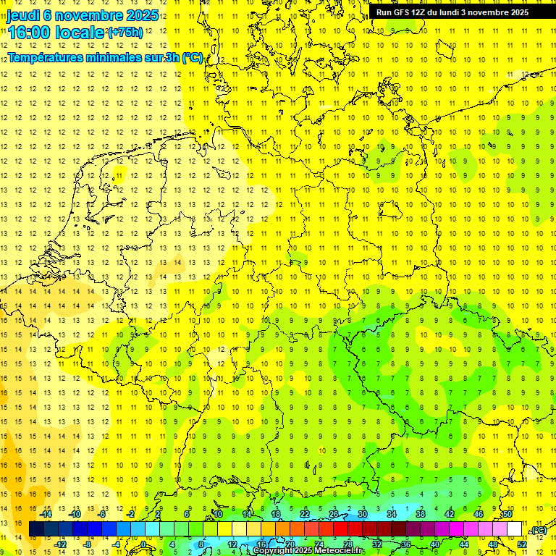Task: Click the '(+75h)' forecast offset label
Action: [x=125, y=33]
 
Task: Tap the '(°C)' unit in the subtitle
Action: [x=193, y=58]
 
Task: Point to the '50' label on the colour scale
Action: [x=507, y=514]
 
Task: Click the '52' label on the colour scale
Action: [x=522, y=544]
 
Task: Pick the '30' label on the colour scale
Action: [x=363, y=514]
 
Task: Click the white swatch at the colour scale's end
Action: [x=515, y=529]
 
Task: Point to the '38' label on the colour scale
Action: [x=421, y=514]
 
